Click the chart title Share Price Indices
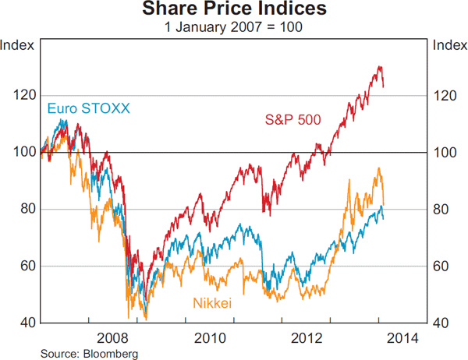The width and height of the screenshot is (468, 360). point(233,10)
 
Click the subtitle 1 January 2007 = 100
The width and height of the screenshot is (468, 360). point(233,26)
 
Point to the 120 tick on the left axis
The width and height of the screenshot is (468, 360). point(23,95)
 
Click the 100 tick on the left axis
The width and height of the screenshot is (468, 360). point(23,152)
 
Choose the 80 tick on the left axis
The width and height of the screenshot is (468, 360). point(27,209)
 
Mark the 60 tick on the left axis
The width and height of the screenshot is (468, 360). point(27,266)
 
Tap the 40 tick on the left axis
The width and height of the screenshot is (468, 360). point(27,323)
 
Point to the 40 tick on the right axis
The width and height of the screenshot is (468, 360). point(441,323)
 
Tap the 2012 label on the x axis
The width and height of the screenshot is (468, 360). point(307,338)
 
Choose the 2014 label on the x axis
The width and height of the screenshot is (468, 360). point(402,338)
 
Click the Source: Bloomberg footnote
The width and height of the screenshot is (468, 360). point(80,353)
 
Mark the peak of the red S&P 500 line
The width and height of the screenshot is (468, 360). point(379,67)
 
